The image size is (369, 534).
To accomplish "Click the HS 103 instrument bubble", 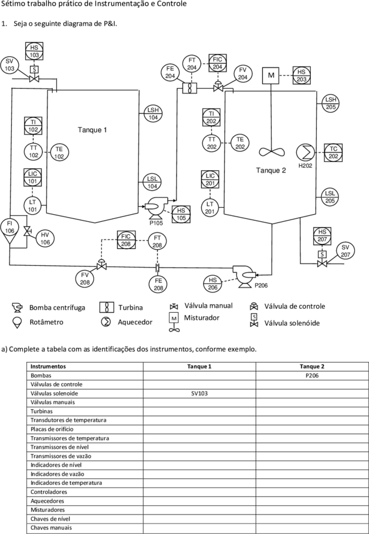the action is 35,52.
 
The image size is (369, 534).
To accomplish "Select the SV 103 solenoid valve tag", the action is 9,65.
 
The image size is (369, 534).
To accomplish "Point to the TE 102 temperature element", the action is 59,152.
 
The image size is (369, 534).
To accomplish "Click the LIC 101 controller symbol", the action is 33,177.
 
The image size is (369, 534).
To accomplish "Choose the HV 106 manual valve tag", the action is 45,238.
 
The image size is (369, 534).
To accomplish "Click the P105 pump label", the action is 156,224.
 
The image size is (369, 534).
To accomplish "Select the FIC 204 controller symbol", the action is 218,63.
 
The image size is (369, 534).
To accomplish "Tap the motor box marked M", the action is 271,75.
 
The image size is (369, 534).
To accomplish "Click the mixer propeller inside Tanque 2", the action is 271,151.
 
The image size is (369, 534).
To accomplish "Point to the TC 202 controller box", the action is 334,153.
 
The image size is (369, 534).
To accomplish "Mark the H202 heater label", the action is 305,166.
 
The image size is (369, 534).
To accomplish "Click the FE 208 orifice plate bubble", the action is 158,284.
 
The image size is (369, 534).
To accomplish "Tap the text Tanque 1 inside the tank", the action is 93,130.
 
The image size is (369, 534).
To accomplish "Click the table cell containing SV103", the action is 199,393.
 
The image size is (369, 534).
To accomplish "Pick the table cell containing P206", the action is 312,376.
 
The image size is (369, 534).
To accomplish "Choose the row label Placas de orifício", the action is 52,429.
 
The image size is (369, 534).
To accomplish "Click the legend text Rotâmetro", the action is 46,322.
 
